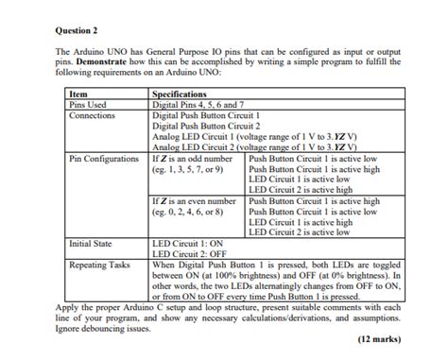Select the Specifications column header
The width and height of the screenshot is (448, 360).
click(x=181, y=94)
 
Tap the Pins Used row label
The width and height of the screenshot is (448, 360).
click(x=89, y=105)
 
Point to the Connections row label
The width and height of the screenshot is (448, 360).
click(x=93, y=115)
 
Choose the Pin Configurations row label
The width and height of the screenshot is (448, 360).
click(x=104, y=158)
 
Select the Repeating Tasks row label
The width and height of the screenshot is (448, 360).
click(x=100, y=265)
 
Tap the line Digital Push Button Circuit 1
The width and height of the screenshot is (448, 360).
click(x=205, y=115)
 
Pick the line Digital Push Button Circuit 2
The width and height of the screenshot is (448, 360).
click(x=205, y=126)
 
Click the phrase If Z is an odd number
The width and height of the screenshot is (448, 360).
click(x=194, y=158)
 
